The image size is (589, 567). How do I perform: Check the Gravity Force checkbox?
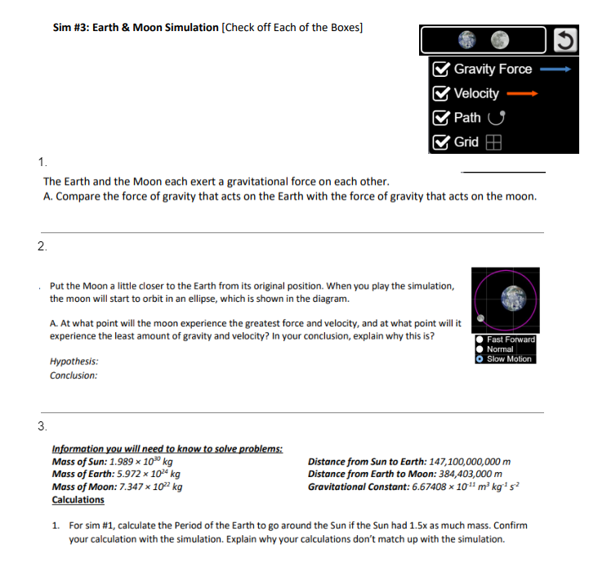[x=442, y=70]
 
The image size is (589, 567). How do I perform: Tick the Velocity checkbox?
[x=442, y=93]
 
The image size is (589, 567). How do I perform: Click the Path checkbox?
[x=442, y=118]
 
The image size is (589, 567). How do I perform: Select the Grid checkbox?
[x=442, y=142]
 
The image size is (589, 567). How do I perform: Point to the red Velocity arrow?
[x=523, y=94]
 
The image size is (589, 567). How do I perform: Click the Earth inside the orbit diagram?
[x=512, y=298]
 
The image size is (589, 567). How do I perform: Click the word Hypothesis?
[x=74, y=361]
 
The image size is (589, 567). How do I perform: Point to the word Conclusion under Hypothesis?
[x=74, y=376]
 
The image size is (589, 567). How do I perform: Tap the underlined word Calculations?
[x=78, y=499]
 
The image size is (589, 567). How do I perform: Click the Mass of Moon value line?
[x=117, y=486]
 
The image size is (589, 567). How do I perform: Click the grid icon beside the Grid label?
[x=492, y=142]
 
